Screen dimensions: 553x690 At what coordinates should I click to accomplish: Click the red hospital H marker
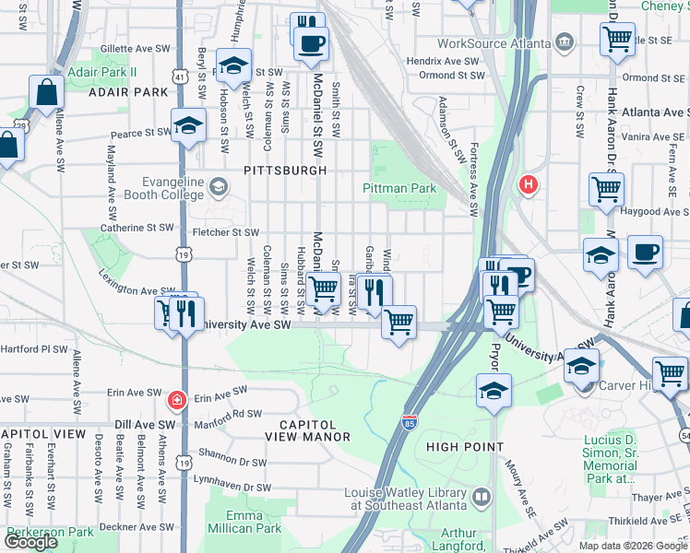(x=529, y=184)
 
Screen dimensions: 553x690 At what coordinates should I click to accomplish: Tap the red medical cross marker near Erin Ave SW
(x=175, y=401)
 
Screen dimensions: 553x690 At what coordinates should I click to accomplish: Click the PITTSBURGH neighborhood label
(x=285, y=171)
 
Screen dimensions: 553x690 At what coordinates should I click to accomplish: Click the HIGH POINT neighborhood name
(x=463, y=447)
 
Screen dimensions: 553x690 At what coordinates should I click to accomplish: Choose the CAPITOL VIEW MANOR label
(x=308, y=429)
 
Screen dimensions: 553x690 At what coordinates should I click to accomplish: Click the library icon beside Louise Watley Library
(x=481, y=499)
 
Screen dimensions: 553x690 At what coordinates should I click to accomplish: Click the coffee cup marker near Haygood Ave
(x=645, y=250)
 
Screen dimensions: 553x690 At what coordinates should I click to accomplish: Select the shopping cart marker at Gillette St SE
(x=616, y=38)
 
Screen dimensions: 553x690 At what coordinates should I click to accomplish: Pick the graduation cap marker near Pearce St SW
(x=189, y=125)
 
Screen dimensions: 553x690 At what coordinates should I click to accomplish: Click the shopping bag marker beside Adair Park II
(x=45, y=91)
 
